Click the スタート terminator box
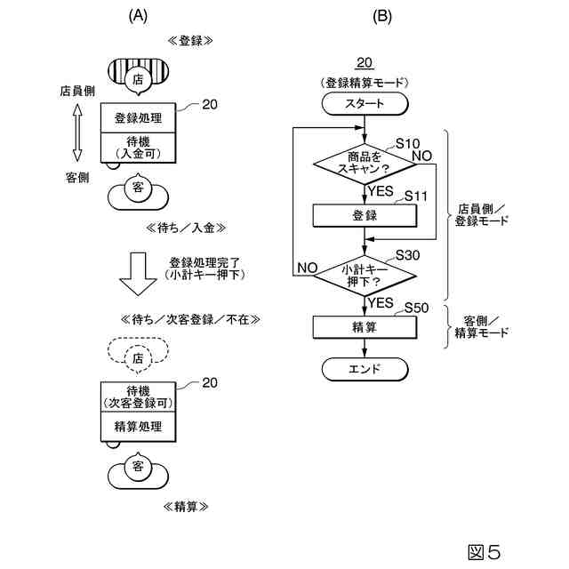365,104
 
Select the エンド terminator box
365,369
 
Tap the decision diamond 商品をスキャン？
365,164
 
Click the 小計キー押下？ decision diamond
365,276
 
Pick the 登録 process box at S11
365,216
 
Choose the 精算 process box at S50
365,327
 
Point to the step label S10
407,144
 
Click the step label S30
407,255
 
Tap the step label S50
416,308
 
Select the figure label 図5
485,552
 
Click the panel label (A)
138,16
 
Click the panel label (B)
382,16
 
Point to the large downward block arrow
138,274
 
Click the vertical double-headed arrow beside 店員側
77,132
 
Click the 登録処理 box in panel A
138,118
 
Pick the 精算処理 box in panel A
138,427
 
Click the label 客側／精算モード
482,327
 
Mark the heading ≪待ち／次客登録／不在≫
190,320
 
